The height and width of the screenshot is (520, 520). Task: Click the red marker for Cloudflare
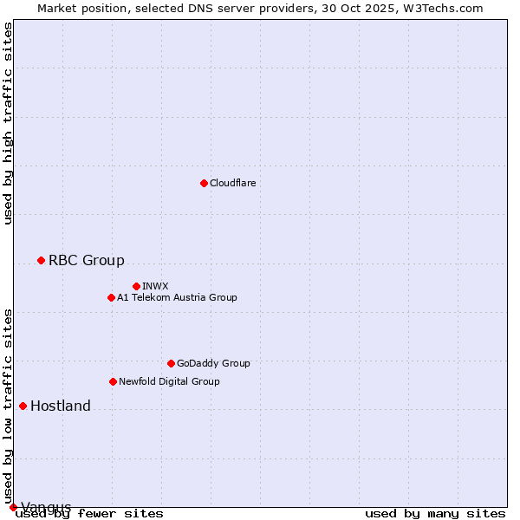(x=204, y=183)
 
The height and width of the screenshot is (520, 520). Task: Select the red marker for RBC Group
(x=41, y=260)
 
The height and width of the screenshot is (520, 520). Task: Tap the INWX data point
(x=136, y=286)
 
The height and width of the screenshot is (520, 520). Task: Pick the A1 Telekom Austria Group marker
(x=111, y=297)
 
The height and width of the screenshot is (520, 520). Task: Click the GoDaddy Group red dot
(x=171, y=363)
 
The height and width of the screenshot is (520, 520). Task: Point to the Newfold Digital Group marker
(x=113, y=381)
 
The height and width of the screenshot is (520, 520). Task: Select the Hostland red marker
(x=23, y=406)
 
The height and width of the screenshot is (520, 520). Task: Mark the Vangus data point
(x=13, y=507)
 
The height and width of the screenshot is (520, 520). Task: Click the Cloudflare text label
(x=233, y=183)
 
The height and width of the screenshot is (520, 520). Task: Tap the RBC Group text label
(x=87, y=260)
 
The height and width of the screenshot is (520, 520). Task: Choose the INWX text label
(x=155, y=286)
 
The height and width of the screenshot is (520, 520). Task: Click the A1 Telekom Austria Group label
(x=177, y=297)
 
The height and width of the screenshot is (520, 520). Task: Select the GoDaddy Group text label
(x=213, y=363)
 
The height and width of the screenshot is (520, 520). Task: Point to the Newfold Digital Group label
(x=169, y=381)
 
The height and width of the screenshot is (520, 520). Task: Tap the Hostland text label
(x=61, y=406)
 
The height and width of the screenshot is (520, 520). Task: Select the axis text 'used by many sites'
(x=435, y=514)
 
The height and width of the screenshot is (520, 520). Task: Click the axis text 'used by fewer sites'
(x=89, y=514)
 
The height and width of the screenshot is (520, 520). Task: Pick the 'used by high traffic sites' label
(x=8, y=123)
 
